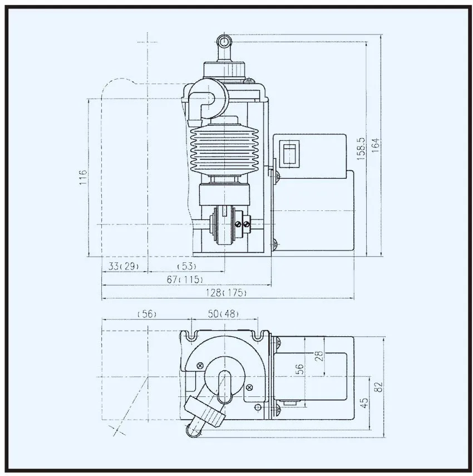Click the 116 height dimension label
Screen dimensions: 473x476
82,177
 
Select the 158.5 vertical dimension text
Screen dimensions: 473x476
361,149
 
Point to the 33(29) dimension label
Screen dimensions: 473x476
124,266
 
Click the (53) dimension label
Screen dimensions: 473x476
187,266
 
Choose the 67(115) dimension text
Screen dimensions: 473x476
185,279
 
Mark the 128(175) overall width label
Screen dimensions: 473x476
226,293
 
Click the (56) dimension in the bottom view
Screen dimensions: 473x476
147,313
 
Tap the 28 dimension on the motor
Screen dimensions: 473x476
319,356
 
